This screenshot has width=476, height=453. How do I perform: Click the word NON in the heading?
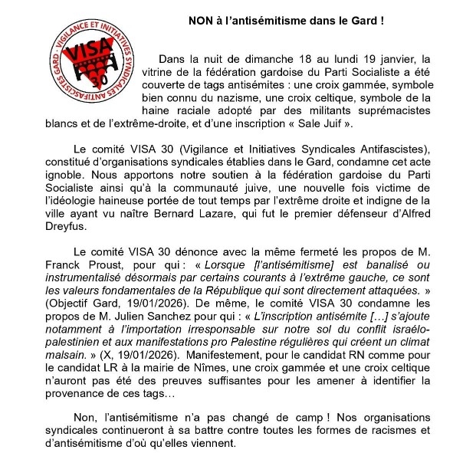coord(201,21)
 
